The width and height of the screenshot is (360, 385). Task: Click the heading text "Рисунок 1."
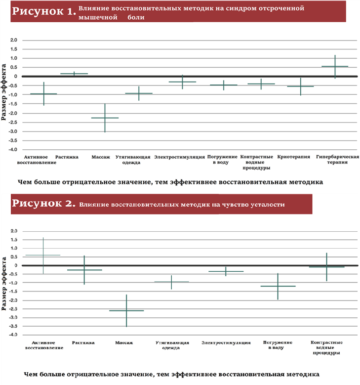click(x=43, y=12)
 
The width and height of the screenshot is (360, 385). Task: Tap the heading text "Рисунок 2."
click(x=43, y=204)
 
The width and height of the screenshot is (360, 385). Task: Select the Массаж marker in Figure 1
click(x=105, y=118)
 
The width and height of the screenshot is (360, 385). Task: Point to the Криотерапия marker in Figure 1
click(x=300, y=86)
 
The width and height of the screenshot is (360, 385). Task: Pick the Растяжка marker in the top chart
click(x=74, y=74)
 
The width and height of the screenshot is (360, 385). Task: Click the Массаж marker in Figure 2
click(x=126, y=310)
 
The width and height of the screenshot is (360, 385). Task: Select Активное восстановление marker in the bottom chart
click(x=43, y=255)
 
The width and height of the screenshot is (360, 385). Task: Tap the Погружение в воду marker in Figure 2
click(x=278, y=286)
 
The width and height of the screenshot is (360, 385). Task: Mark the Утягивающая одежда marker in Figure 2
click(x=171, y=282)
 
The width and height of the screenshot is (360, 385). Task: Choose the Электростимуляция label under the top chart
click(x=179, y=157)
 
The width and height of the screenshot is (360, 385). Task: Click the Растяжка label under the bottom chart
click(x=83, y=342)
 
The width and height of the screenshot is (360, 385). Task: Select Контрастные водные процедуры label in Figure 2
click(x=326, y=347)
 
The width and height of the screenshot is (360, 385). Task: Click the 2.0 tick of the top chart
click(x=13, y=40)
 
